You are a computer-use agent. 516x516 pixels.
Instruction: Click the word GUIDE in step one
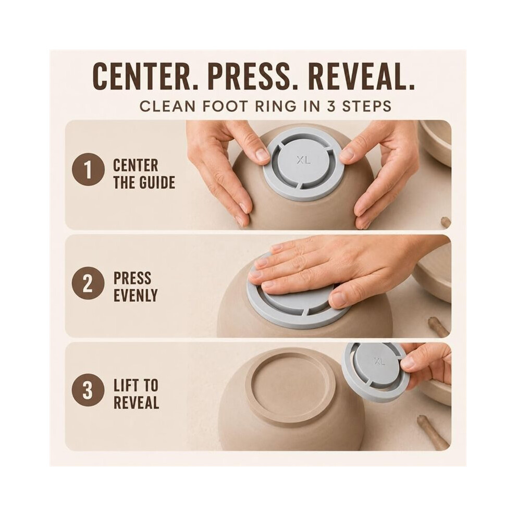(x=157, y=182)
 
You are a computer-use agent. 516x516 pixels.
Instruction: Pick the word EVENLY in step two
(x=136, y=296)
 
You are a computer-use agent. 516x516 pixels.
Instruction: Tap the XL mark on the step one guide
(x=303, y=160)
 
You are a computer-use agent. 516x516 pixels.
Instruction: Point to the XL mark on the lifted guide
(x=379, y=361)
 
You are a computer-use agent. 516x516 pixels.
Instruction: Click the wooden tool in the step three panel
(x=433, y=432)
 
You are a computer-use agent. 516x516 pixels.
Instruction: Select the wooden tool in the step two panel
(x=438, y=326)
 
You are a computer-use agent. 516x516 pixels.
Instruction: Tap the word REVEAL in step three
(x=136, y=402)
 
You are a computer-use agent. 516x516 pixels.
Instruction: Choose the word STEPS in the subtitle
(x=366, y=106)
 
